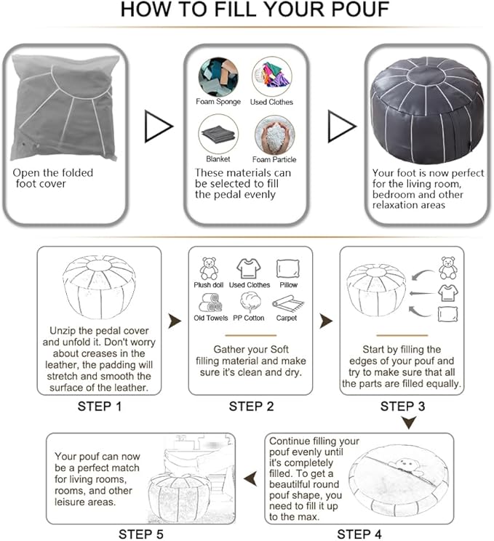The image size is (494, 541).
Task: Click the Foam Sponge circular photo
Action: point(218,77)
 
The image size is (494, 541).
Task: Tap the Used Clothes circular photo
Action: point(272,76)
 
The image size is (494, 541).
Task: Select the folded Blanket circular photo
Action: point(218,135)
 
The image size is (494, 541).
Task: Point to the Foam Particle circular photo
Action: point(275,135)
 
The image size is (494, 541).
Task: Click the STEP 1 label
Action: point(100,406)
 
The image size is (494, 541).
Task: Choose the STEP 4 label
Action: point(359,534)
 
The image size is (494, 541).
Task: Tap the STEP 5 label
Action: point(141,534)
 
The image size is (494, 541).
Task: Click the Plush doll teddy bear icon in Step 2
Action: point(209,268)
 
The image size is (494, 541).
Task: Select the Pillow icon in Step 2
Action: point(288,269)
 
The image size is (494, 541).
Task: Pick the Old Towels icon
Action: point(210,302)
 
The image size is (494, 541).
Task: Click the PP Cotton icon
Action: point(250,302)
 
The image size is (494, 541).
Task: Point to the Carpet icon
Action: point(288,303)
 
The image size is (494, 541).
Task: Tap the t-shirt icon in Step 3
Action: point(448,293)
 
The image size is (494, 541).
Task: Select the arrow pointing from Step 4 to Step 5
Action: point(250,479)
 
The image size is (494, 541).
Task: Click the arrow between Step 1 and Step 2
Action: point(175,321)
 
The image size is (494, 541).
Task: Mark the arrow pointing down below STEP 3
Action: point(409,422)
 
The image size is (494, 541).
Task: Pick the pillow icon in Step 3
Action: point(448,314)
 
